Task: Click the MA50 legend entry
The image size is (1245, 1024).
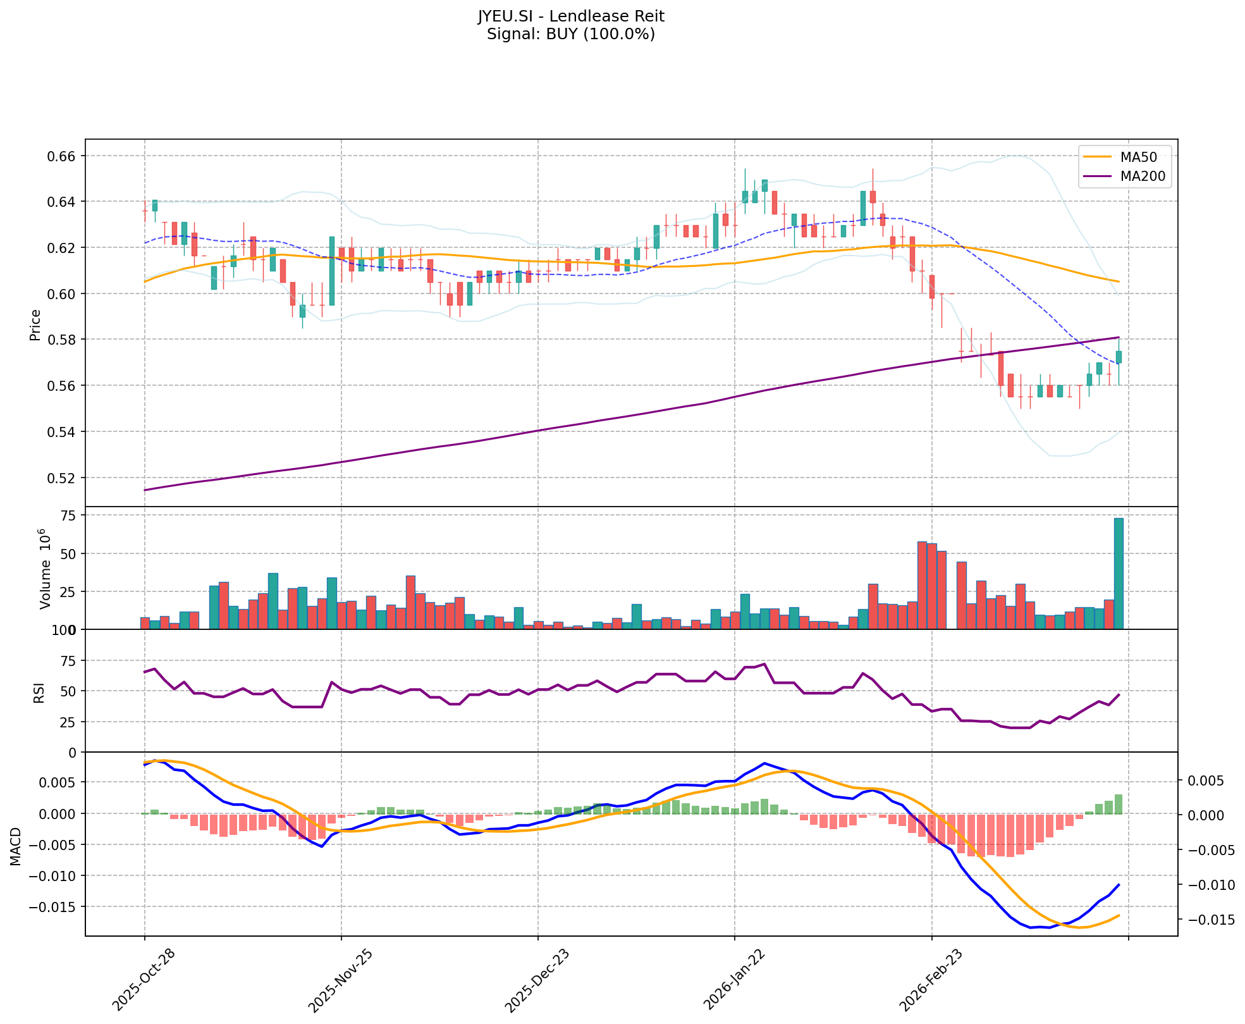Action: pyautogui.click(x=1139, y=157)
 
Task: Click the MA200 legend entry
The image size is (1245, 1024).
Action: pyautogui.click(x=1143, y=176)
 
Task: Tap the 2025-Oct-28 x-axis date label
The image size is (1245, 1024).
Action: pyautogui.click(x=143, y=979)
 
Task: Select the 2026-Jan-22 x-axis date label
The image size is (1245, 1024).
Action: pyautogui.click(x=733, y=979)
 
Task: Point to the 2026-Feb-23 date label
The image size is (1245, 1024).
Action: pyautogui.click(x=929, y=979)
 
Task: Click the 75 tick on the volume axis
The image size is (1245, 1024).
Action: pyautogui.click(x=68, y=516)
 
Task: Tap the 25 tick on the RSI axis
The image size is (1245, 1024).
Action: pyautogui.click(x=68, y=722)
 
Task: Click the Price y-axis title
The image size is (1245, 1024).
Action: pyautogui.click(x=35, y=325)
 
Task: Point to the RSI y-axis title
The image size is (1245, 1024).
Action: pyautogui.click(x=39, y=692)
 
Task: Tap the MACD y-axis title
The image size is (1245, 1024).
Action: pyautogui.click(x=15, y=846)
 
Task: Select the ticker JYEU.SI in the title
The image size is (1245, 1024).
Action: pyautogui.click(x=504, y=16)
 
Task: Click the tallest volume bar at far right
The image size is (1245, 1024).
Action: pyautogui.click(x=1119, y=573)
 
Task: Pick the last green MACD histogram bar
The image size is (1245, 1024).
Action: pyautogui.click(x=1119, y=804)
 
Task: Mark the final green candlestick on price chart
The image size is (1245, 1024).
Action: pyautogui.click(x=1119, y=357)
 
